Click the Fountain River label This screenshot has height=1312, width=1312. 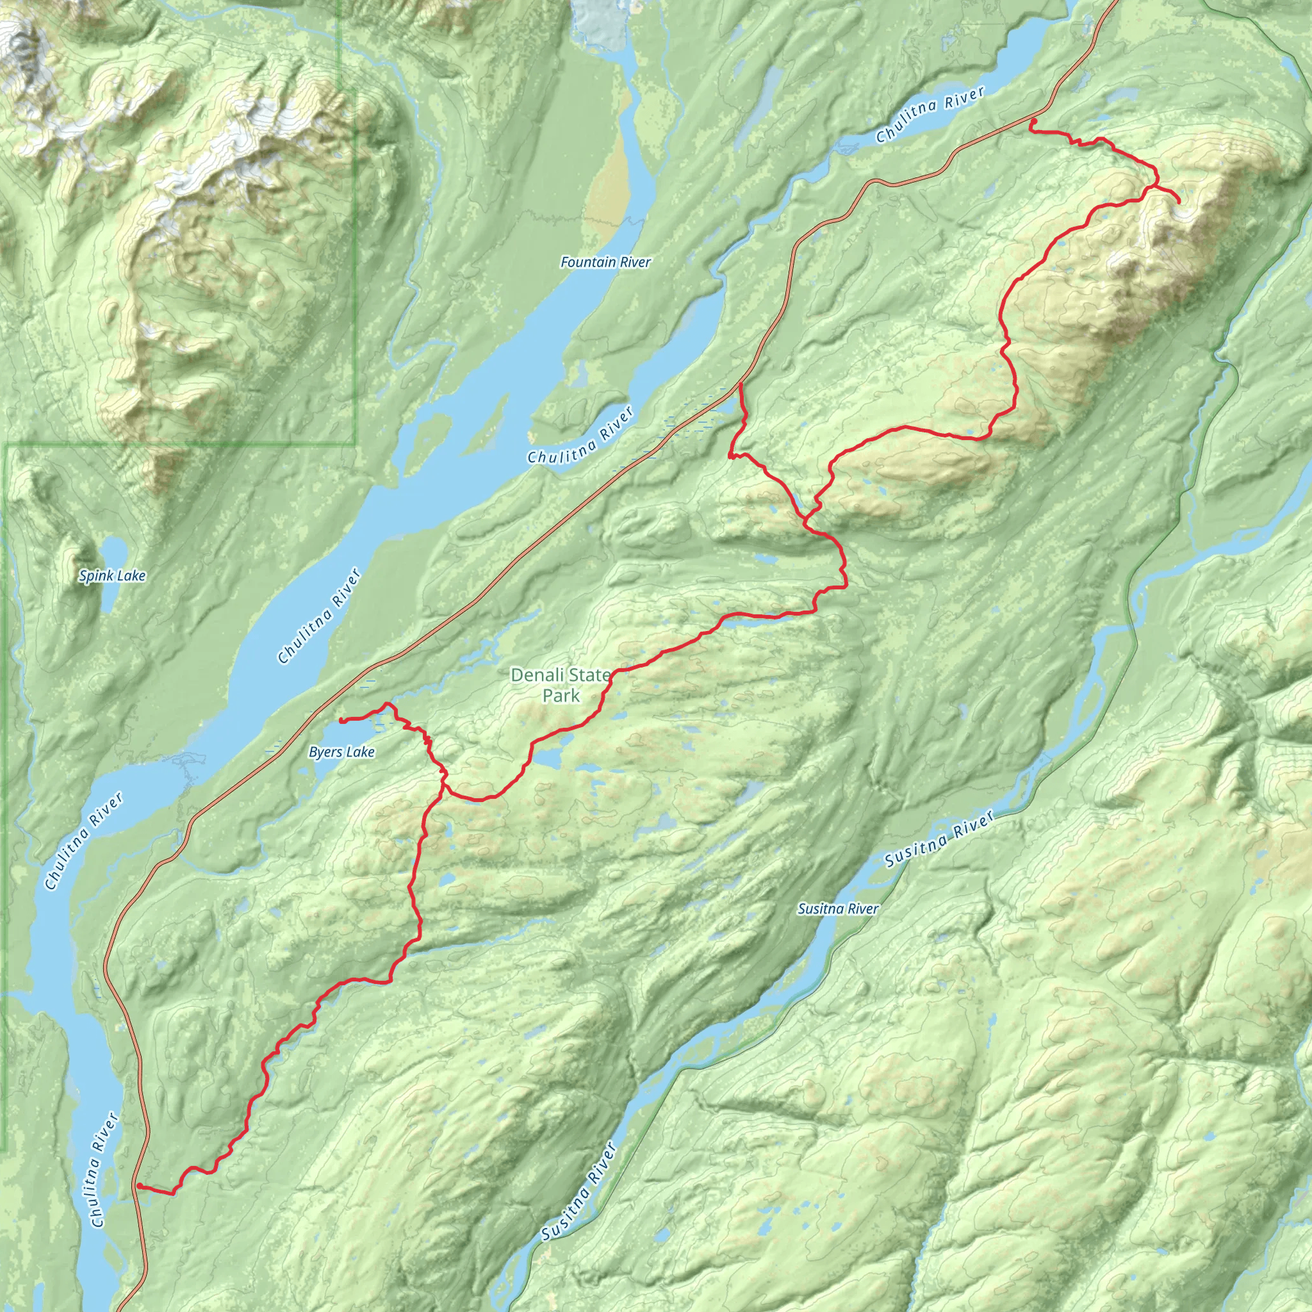(x=605, y=262)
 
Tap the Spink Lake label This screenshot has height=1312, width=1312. (x=112, y=576)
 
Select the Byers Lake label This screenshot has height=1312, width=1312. (x=341, y=753)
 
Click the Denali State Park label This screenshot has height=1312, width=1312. (x=561, y=685)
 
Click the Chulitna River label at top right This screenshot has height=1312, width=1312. (x=930, y=115)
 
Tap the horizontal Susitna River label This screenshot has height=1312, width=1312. (x=837, y=908)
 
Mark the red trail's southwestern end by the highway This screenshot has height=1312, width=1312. (x=138, y=1186)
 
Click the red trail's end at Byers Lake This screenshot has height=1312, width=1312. (x=340, y=720)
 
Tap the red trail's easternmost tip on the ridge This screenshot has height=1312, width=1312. (x=1178, y=202)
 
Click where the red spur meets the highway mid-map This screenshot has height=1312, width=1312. (x=739, y=384)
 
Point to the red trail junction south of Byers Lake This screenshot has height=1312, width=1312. (x=444, y=781)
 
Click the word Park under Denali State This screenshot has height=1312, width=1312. (x=561, y=695)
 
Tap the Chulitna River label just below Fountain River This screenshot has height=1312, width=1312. (x=580, y=435)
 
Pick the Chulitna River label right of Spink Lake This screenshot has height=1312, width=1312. (x=319, y=617)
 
